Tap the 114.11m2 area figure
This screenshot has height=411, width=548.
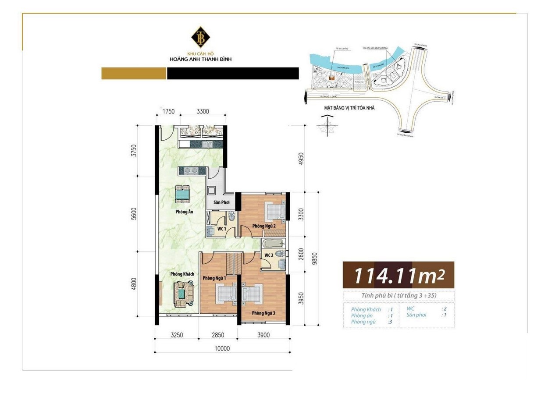[x=398, y=276]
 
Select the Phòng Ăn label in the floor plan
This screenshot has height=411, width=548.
[x=185, y=212]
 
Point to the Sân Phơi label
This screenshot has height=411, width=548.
[x=221, y=202]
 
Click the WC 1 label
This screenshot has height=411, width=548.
[x=221, y=229]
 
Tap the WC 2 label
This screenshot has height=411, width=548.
[x=269, y=255]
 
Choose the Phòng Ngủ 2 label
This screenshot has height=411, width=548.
[x=263, y=226]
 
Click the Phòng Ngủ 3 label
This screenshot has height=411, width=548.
[x=263, y=313]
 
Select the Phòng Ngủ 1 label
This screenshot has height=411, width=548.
[x=214, y=278]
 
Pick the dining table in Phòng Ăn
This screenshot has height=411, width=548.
[x=182, y=194]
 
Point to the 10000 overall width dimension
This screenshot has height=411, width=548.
[x=222, y=349]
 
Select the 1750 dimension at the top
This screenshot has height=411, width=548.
[x=169, y=111]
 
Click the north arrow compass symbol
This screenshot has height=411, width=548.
[x=327, y=126]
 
